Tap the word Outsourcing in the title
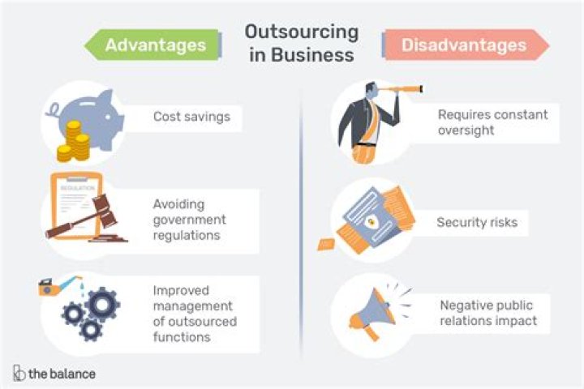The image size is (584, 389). (301, 32)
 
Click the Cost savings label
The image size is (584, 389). (191, 117)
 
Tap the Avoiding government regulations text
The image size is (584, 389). (190, 220)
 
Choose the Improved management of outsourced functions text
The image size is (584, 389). (195, 313)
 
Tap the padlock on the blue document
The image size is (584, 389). (371, 220)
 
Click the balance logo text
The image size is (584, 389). (62, 374)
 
